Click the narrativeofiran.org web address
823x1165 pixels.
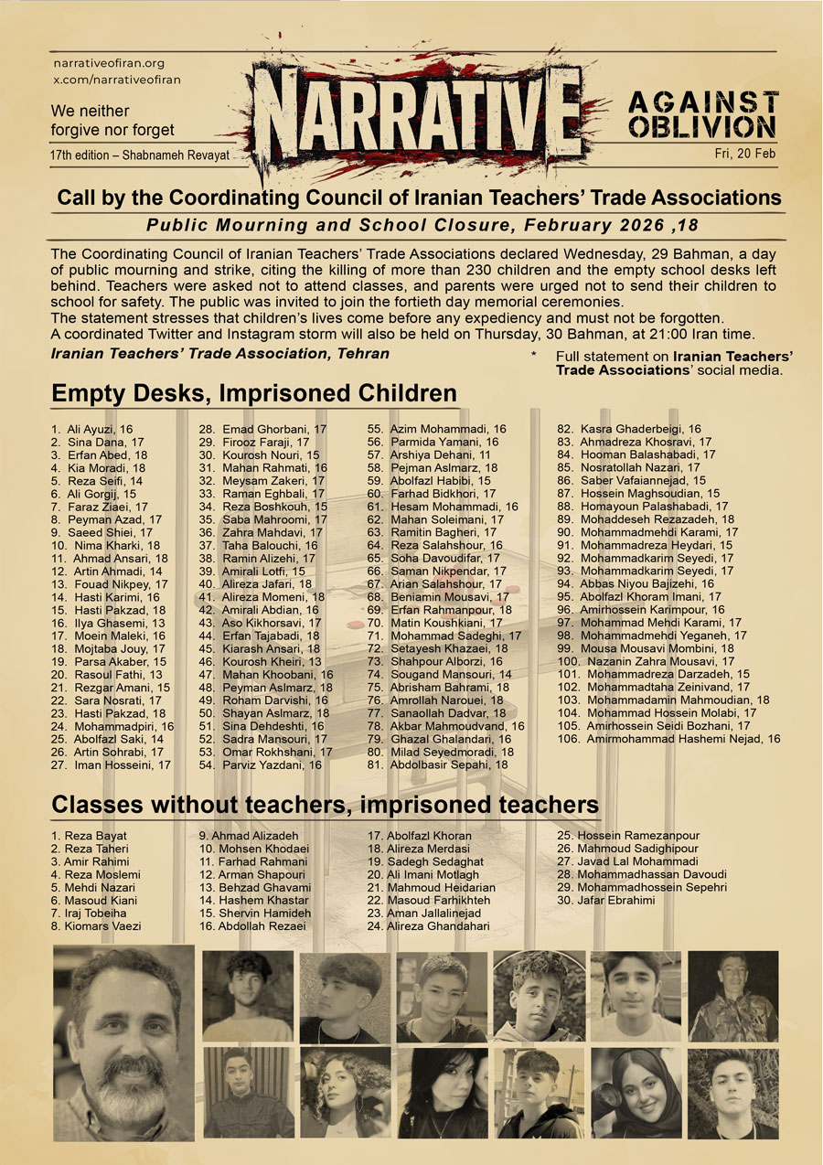click(108, 64)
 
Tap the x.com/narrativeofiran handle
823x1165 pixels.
click(116, 80)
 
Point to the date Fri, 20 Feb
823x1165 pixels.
click(744, 154)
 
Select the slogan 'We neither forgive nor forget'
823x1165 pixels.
click(112, 120)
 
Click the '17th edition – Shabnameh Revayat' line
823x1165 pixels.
click(139, 156)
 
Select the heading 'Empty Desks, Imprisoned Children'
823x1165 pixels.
click(254, 394)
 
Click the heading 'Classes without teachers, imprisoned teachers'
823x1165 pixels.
click(325, 806)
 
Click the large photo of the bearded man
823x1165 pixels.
click(123, 1042)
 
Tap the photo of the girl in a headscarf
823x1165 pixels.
click(636, 1093)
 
